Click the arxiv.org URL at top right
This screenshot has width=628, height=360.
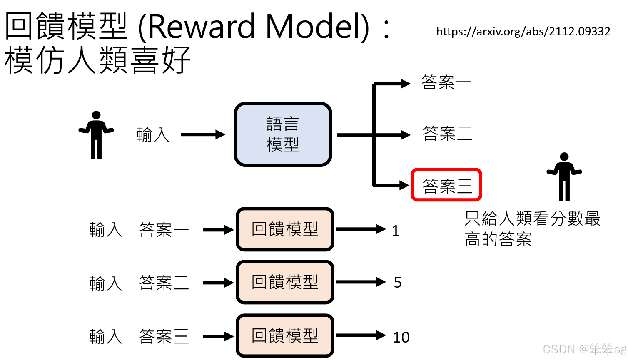[523, 32]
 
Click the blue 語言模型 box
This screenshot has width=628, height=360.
[283, 134]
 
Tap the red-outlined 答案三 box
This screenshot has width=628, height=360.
[446, 185]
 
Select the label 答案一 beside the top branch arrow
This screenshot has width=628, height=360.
[446, 82]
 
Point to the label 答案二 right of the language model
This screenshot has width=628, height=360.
[447, 134]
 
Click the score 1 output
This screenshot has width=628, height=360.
[396, 231]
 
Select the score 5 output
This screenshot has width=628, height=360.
[398, 283]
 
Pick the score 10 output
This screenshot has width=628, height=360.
[401, 337]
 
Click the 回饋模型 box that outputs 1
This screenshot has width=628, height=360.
[285, 229]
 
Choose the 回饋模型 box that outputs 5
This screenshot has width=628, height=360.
[285, 282]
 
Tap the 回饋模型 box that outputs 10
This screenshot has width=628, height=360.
[285, 335]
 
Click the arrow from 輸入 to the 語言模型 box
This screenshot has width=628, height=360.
[203, 134]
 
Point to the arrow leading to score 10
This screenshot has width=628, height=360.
[361, 335]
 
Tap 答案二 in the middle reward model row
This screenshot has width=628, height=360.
[164, 283]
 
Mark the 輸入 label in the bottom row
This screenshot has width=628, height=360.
[106, 336]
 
